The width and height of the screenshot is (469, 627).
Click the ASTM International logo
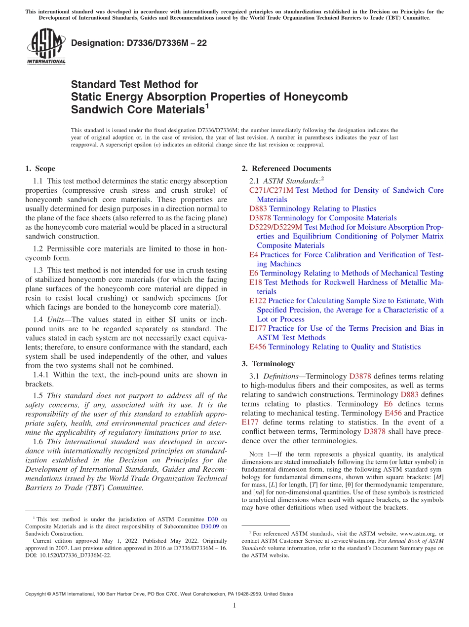pyautogui.click(x=45, y=46)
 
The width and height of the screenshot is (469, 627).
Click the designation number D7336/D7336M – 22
pyautogui.click(x=139, y=43)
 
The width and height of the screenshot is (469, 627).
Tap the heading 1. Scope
pyautogui.click(x=40, y=169)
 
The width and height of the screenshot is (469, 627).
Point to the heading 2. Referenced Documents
pyautogui.click(x=286, y=169)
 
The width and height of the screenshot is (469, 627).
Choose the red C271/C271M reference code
pyautogui.click(x=271, y=190)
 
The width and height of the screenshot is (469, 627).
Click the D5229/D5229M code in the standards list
pyautogui.click(x=276, y=227)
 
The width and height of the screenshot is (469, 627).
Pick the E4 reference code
pyautogui.click(x=254, y=255)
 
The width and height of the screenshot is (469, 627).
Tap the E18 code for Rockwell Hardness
pyautogui.click(x=256, y=282)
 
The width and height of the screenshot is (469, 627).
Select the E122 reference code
pyautogui.click(x=258, y=301)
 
